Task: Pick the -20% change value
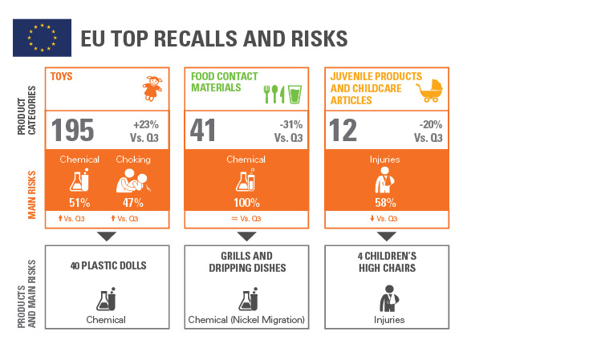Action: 428,124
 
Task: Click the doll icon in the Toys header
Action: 152,87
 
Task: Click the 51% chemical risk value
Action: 79,203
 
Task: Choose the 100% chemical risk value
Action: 246,203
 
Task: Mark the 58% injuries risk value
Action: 386,203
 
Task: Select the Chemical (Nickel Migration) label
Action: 246,320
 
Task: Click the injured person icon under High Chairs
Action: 386,298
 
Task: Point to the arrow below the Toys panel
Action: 107,236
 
